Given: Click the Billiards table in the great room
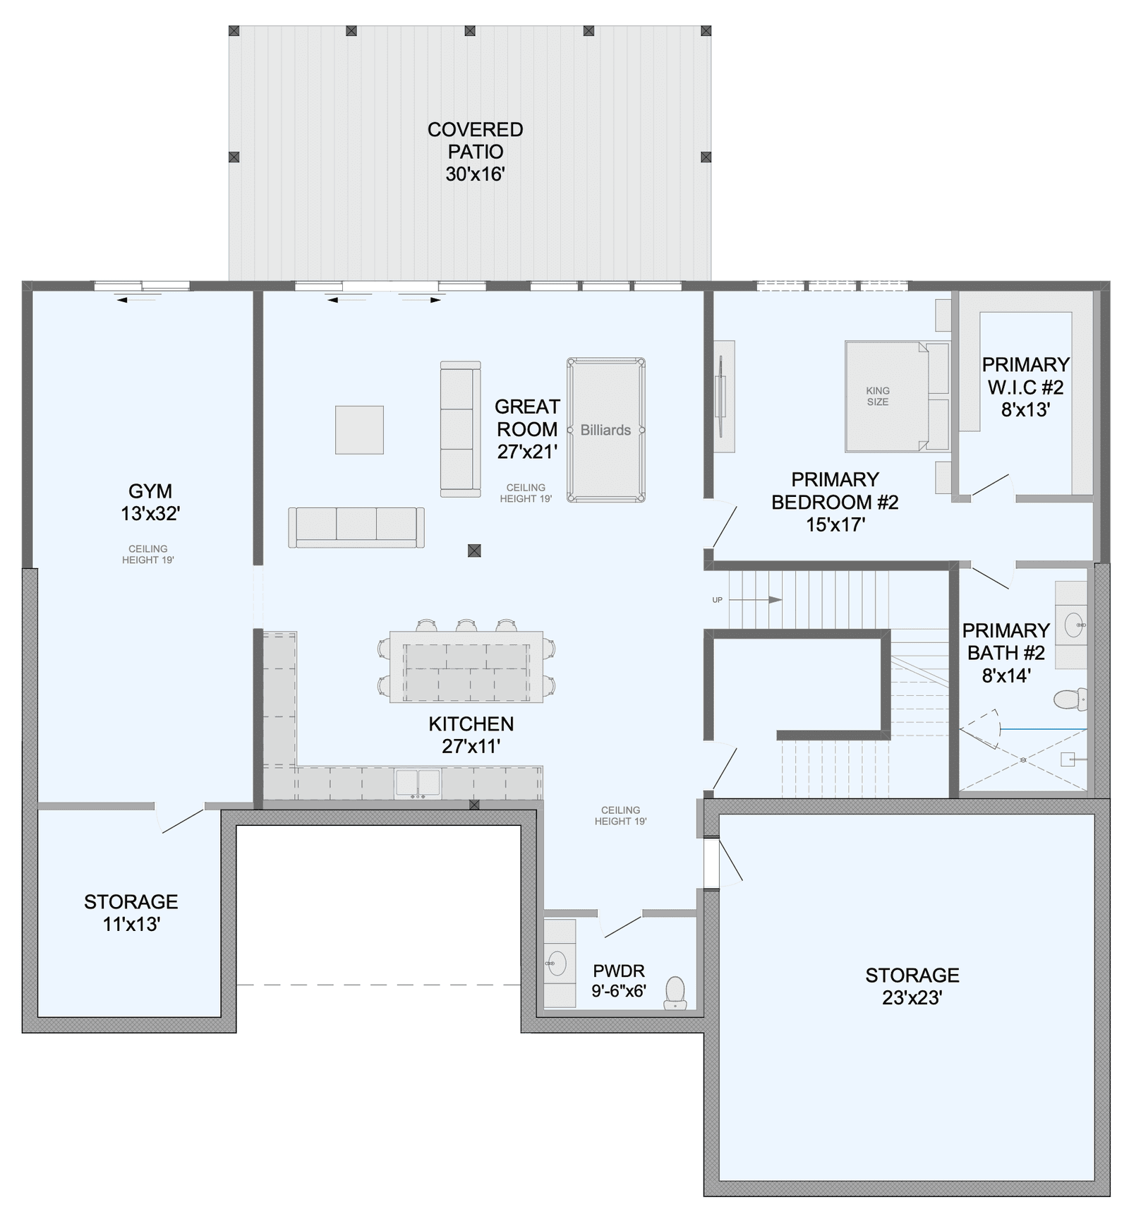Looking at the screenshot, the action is pos(605,430).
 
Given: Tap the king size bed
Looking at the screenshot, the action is pos(897,397).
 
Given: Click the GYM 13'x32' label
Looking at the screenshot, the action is pos(150,503).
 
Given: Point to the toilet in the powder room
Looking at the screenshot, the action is pos(675,993).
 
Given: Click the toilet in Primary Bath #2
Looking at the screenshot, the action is pos(1070,699).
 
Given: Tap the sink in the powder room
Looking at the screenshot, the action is pos(557,963).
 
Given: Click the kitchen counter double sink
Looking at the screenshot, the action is pos(418,783).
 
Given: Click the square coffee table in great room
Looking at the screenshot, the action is pos(359,429).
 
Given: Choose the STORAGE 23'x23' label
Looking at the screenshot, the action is pos(912,986).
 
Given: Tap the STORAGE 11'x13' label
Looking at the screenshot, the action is pos(131,913).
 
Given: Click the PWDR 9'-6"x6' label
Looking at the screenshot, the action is pos(619,980).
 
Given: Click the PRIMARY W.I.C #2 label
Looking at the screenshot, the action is pos(1026,387).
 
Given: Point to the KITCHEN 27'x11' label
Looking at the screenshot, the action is pos(471,735).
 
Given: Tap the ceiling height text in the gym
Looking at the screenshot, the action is pos(148,554).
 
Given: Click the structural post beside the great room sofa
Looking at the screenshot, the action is pos(475,551).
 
